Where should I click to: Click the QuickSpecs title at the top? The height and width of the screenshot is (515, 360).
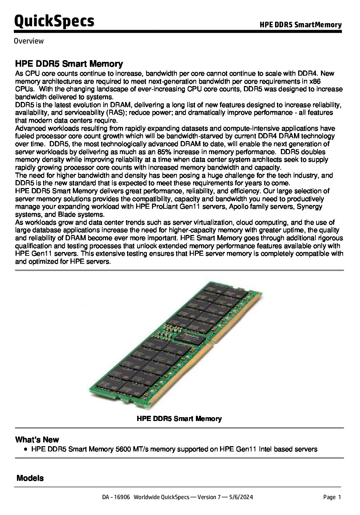[54, 21]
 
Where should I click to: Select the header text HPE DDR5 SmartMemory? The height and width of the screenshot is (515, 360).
[301, 25]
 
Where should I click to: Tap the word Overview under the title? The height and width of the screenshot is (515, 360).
[29, 41]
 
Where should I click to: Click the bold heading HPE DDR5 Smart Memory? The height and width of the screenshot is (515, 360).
[69, 64]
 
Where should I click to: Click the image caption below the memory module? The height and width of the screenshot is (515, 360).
[179, 419]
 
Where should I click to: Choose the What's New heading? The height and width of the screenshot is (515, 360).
[37, 440]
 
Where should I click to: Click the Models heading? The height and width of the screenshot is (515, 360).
[30, 478]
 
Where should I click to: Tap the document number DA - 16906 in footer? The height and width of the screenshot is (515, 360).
[116, 497]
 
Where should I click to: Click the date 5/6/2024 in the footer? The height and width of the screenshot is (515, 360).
[241, 497]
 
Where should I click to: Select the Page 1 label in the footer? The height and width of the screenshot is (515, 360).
[332, 497]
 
